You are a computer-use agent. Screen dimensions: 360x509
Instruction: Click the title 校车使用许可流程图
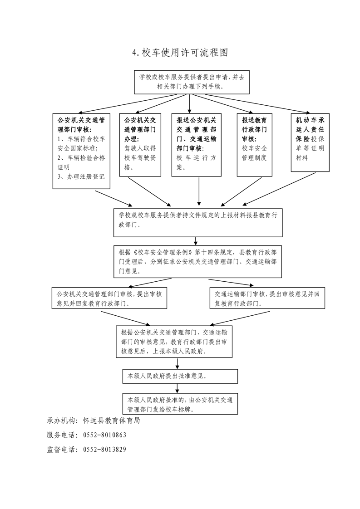[x=180, y=53]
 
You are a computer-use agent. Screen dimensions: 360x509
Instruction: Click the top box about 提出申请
[x=192, y=82]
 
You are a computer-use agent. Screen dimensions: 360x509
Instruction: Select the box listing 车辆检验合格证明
[x=81, y=151]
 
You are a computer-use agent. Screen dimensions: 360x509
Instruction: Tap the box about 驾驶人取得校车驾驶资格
[x=140, y=145]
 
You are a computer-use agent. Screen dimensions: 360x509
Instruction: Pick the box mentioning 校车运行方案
[x=196, y=145]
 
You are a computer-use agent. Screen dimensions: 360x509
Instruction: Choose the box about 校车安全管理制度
[x=254, y=145]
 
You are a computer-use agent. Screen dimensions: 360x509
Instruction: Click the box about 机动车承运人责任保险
[x=310, y=142]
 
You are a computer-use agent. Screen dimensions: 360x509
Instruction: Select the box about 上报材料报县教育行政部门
[x=198, y=223]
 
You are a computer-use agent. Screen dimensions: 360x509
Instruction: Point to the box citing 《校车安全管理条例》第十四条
[x=197, y=262]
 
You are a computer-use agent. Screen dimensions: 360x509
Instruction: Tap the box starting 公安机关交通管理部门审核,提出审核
[x=109, y=298]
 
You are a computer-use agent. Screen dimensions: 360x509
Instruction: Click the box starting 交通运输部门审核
[x=267, y=298]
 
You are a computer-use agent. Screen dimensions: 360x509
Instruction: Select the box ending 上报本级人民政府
[x=174, y=342]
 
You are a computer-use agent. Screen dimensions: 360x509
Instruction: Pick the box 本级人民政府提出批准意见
[x=180, y=376]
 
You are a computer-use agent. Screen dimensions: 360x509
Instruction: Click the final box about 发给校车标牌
[x=180, y=404]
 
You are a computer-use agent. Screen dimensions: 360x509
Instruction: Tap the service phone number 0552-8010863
[x=104, y=435]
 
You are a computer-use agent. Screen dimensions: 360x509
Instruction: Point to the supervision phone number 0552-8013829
[x=104, y=450]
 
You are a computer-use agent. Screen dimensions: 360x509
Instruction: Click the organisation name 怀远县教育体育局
[x=111, y=421]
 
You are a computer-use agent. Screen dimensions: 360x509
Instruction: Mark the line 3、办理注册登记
[x=81, y=177]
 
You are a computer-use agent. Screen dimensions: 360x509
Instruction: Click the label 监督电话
[x=60, y=450]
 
